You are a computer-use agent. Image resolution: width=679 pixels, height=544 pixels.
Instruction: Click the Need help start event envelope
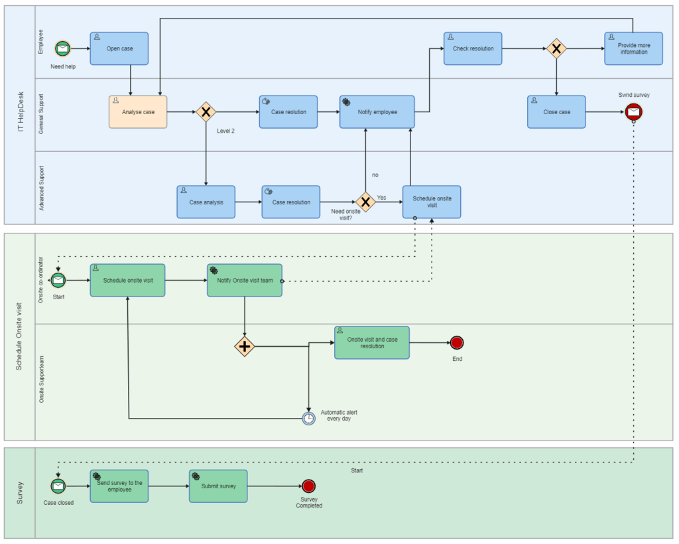click(62, 48)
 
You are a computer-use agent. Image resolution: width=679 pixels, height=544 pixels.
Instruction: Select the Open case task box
click(119, 48)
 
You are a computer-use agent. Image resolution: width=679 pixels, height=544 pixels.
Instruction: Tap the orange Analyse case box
click(138, 112)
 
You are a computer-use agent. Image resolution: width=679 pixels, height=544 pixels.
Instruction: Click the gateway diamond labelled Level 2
click(206, 111)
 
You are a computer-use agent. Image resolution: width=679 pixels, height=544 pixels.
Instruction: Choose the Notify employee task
click(377, 112)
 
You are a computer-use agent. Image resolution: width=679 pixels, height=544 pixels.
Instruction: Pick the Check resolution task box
click(473, 48)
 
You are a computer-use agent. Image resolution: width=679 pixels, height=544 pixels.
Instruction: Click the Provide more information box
click(633, 48)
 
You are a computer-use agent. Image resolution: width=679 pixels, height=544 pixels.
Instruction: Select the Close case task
click(556, 112)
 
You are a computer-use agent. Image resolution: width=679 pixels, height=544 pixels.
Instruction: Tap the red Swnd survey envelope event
click(633, 112)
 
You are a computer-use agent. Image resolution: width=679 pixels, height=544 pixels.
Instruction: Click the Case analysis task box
click(206, 202)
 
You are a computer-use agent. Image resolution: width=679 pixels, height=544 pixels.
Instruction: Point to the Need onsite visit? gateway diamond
click(365, 202)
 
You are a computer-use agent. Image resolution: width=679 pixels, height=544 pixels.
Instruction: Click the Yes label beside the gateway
click(381, 198)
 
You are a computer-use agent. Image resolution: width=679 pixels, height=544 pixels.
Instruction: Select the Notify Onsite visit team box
click(244, 281)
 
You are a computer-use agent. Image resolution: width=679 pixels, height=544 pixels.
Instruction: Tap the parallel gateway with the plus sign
click(245, 346)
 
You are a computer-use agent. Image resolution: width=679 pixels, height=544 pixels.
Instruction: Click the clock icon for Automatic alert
click(308, 418)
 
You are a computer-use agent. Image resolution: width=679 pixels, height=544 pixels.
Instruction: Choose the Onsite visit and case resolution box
click(371, 342)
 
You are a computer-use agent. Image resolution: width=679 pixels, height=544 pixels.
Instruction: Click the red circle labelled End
click(456, 343)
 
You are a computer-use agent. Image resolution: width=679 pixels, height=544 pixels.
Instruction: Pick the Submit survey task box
click(218, 486)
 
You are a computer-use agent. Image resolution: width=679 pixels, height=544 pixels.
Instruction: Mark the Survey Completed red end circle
click(308, 486)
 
